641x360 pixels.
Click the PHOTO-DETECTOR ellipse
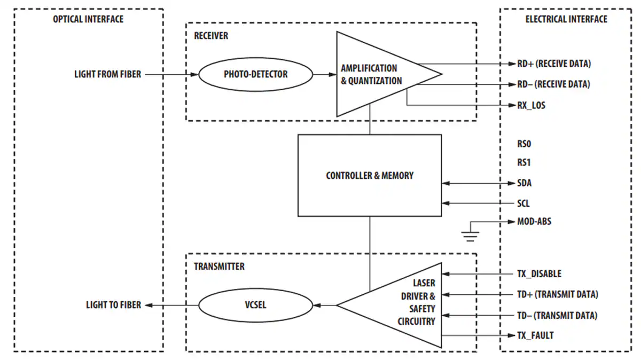tap(255, 74)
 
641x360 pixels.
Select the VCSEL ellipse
tap(255, 306)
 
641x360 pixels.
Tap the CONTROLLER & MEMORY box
tap(370, 175)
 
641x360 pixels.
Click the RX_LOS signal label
tap(531, 105)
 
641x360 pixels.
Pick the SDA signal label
tap(524, 183)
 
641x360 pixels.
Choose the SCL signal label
tap(523, 204)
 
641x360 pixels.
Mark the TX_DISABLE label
tap(539, 273)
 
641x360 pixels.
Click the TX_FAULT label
tap(535, 335)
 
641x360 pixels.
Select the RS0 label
tap(524, 144)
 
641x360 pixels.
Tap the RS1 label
tap(524, 162)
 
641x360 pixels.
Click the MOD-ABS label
tap(534, 221)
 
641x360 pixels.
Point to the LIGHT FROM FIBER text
tap(108, 74)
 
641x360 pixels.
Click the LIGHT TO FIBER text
tap(114, 305)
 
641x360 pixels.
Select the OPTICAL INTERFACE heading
tap(88, 19)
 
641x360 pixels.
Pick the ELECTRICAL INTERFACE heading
tap(566, 19)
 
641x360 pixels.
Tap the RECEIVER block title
tap(211, 36)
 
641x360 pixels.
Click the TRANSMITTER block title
tap(219, 267)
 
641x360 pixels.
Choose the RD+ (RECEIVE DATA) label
tap(554, 64)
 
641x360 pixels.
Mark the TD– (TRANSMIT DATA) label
tap(557, 315)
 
